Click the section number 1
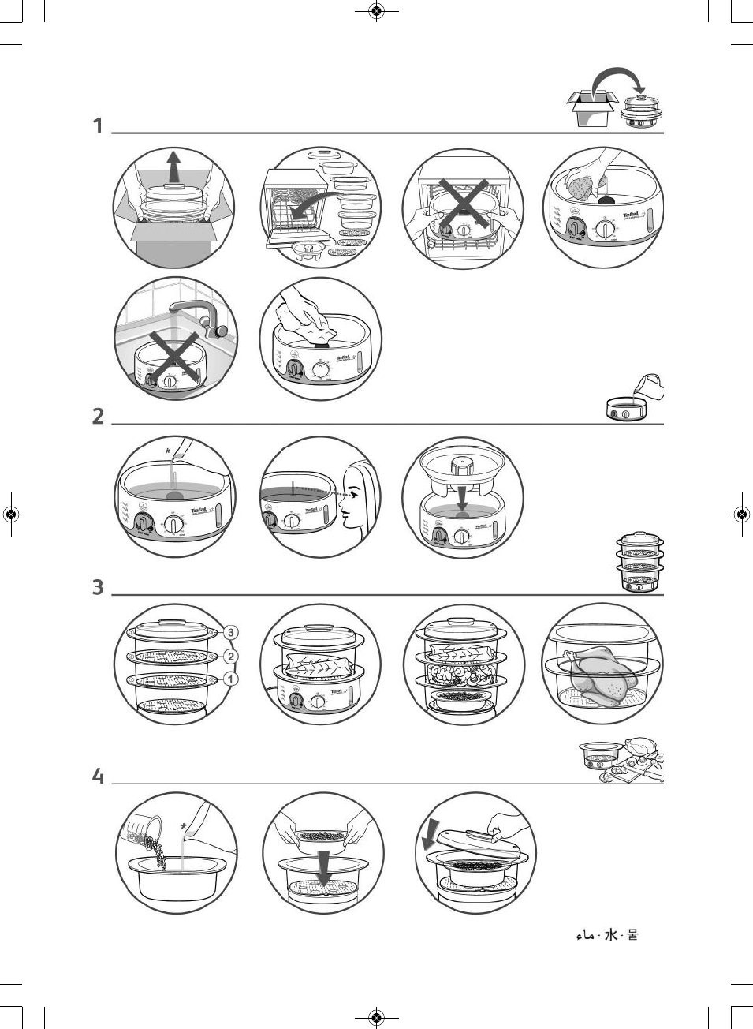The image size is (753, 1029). click(x=98, y=125)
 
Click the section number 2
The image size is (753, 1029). click(x=98, y=416)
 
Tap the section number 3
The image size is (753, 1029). click(x=98, y=587)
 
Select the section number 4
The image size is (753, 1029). click(x=98, y=776)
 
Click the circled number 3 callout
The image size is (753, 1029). click(x=230, y=632)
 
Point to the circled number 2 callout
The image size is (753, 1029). click(x=230, y=657)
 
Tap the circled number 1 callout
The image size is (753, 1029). click(x=230, y=679)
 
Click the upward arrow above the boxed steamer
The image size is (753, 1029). click(x=173, y=167)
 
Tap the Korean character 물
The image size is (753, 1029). click(x=632, y=935)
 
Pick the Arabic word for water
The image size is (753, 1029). click(x=585, y=936)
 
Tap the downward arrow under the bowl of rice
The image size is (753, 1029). click(x=322, y=868)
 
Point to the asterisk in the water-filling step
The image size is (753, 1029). click(x=167, y=451)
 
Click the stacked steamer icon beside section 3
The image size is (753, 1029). click(x=639, y=563)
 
